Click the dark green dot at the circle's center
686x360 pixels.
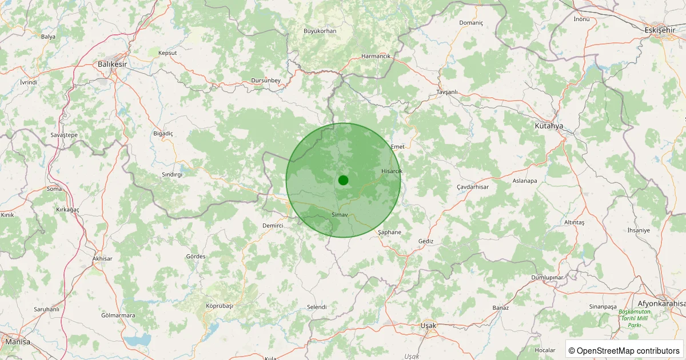(343, 180)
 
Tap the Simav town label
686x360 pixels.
(340, 214)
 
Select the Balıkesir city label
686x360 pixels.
(112, 64)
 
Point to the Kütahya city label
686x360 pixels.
(549, 125)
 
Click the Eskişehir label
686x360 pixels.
(659, 30)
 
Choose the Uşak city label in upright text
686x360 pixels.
(428, 325)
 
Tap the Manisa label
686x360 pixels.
(17, 341)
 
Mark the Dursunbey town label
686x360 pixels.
(266, 81)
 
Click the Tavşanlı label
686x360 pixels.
(447, 92)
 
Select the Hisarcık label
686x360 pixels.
(392, 171)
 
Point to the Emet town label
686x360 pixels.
(397, 147)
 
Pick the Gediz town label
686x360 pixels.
(426, 241)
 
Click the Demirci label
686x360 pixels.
(273, 226)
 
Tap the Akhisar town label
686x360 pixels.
(102, 259)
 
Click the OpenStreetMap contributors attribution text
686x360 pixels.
(624, 350)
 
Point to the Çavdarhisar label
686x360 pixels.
(473, 187)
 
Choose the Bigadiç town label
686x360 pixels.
(163, 133)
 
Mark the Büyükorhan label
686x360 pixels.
(320, 31)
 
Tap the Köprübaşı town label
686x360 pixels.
(220, 306)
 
